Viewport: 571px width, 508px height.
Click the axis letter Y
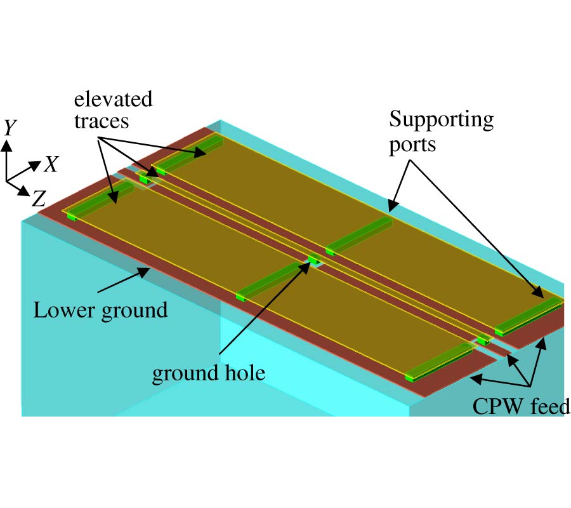pos(10,128)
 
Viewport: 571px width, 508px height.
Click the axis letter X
pos(51,165)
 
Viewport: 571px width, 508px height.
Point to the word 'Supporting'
pos(442,119)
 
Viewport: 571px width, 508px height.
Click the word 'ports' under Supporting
pos(413,144)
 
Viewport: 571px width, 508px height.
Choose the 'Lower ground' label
pos(100,311)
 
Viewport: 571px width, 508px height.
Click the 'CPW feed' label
pos(521,406)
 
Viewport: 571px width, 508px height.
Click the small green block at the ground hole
pos(313,258)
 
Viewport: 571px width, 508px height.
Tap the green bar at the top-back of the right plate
pos(190,153)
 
